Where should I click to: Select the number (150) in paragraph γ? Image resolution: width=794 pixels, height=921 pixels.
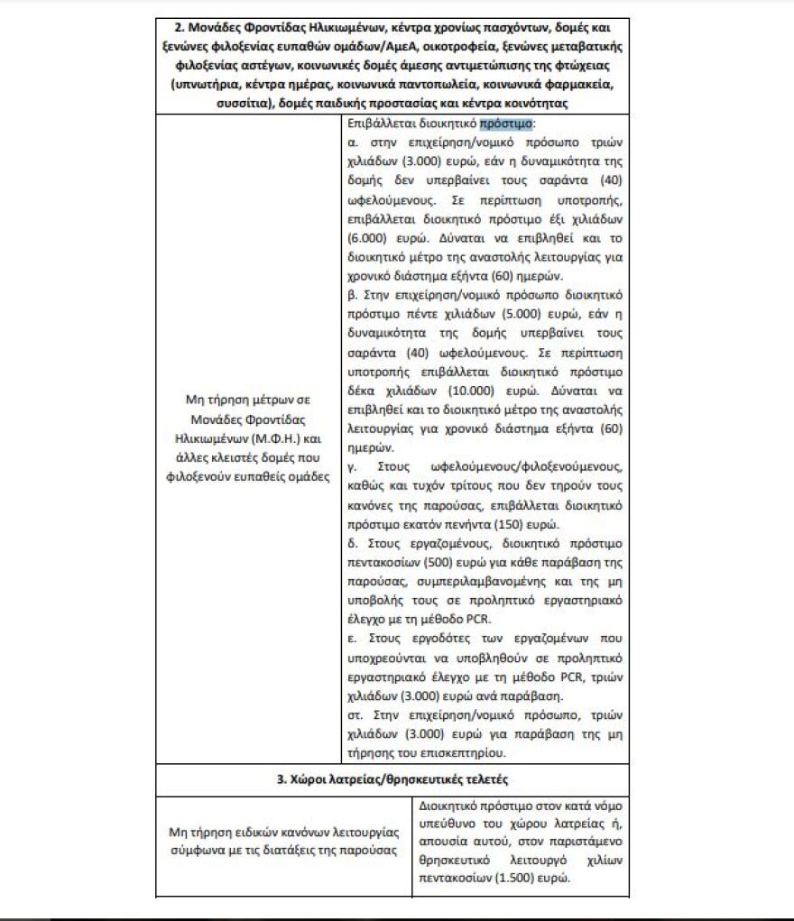[x=535, y=524]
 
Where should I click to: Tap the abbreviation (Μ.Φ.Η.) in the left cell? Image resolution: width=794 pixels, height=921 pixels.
[x=271, y=440]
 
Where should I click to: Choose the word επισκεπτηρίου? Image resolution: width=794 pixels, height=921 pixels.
[x=459, y=753]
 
